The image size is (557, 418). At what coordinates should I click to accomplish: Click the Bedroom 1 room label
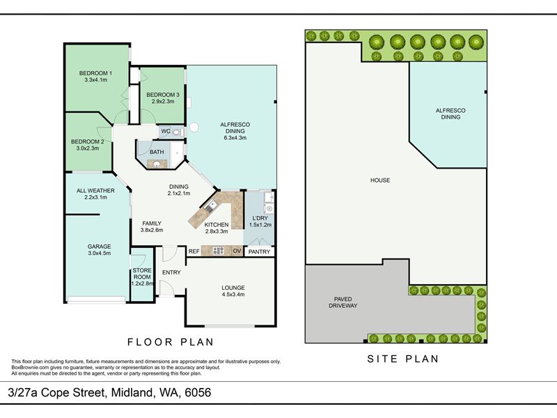pyautogui.click(x=95, y=73)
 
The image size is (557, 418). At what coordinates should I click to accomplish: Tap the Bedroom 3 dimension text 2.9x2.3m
pyautogui.click(x=163, y=101)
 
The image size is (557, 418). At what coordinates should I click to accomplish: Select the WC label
pyautogui.click(x=166, y=131)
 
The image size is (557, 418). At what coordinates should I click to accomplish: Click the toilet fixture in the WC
pyautogui.click(x=177, y=132)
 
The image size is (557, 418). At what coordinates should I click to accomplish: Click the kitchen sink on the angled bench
pyautogui.click(x=211, y=206)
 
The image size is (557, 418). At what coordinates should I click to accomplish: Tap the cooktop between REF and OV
pyautogui.click(x=218, y=251)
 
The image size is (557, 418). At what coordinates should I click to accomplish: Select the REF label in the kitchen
pyautogui.click(x=194, y=251)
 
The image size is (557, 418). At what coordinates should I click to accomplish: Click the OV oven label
pyautogui.click(x=237, y=251)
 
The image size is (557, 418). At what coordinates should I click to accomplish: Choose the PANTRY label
pyautogui.click(x=259, y=251)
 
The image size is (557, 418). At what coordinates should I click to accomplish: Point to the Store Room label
pyautogui.click(x=142, y=274)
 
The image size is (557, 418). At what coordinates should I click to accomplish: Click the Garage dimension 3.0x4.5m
pyautogui.click(x=100, y=253)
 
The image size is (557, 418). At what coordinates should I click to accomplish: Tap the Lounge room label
pyautogui.click(x=233, y=288)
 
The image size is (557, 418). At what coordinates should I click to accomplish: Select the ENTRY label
pyautogui.click(x=171, y=272)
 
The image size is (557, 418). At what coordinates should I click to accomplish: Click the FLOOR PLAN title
pyautogui.click(x=171, y=342)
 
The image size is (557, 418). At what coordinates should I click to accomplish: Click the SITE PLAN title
pyautogui.click(x=403, y=359)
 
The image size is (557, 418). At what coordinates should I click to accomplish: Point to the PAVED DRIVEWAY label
pyautogui.click(x=343, y=302)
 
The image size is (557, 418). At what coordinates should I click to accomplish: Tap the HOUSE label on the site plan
pyautogui.click(x=380, y=180)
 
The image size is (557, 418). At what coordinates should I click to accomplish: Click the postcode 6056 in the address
pyautogui.click(x=198, y=392)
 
